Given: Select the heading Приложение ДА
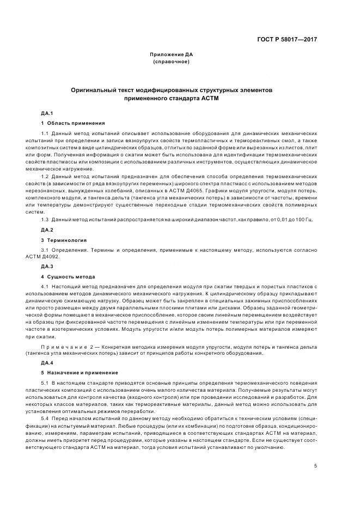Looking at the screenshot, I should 172,55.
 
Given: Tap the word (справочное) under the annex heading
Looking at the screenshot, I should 172,62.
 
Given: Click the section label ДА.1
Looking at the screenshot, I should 47,113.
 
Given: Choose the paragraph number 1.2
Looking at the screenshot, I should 45,176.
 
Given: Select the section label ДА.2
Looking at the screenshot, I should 47,229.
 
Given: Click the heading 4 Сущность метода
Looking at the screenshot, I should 68,276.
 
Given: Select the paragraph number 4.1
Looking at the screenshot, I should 45,287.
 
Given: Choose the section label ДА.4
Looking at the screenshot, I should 47,362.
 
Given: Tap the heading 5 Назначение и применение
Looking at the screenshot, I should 80,373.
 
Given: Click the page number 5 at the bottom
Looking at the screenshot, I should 316,465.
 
